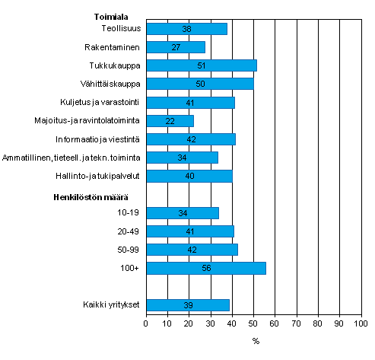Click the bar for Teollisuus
pos(186,29)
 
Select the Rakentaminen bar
pos(175,47)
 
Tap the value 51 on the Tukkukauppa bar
pos(200,65)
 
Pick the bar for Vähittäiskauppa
pos(199,84)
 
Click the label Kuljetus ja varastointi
pos(100,102)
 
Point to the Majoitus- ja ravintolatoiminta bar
pos(170,120)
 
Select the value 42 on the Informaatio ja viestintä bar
pos(191,139)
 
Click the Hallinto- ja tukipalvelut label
pos(102,176)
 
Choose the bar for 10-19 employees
pos(183,213)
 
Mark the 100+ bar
pos(205,268)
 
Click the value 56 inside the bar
pos(206,268)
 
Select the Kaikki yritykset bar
pos(187,305)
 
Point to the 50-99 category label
pos(127,250)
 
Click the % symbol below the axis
pos(256,341)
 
